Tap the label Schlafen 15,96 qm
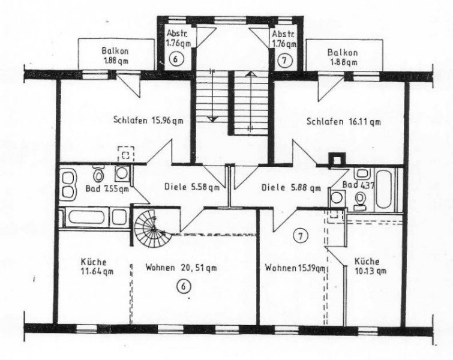coord(148,120)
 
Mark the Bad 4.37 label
coord(358,185)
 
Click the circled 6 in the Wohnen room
coord(185,287)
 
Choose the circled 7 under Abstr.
coord(284,59)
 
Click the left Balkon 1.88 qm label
coord(114,56)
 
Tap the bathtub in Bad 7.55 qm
coord(94,216)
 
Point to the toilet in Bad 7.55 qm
coord(98,175)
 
